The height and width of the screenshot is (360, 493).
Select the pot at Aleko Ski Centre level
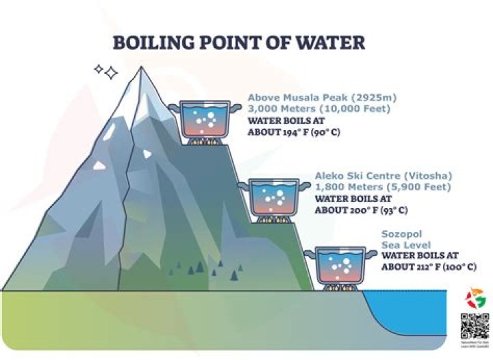point(273,196)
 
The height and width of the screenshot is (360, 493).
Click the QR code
point(474,326)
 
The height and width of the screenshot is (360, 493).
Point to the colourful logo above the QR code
point(474,298)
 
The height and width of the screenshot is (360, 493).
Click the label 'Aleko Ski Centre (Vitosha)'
point(373,175)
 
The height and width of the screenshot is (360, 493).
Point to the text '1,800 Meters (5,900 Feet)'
point(374,187)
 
